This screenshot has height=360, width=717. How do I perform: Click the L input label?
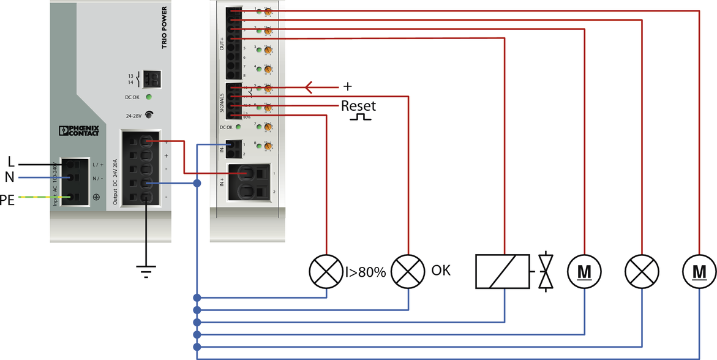10,162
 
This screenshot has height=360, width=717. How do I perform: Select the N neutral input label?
10,178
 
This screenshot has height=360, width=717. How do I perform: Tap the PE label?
7,200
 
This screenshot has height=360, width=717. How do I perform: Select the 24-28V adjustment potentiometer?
148,114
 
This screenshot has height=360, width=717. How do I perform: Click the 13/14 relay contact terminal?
152,79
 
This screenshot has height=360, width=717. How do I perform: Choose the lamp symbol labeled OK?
408,270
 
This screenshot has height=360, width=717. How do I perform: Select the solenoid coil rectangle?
502,271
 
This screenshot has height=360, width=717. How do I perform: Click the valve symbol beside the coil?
546,271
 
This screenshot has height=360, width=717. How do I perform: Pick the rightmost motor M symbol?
699,270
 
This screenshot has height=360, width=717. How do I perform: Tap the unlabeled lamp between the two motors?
641,270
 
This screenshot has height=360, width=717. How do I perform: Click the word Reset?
358,105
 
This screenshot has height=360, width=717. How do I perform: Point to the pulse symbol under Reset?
360,116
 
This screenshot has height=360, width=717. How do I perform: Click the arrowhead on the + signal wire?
309,87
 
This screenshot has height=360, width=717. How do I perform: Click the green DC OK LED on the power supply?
149,97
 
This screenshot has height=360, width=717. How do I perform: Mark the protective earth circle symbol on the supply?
96,197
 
